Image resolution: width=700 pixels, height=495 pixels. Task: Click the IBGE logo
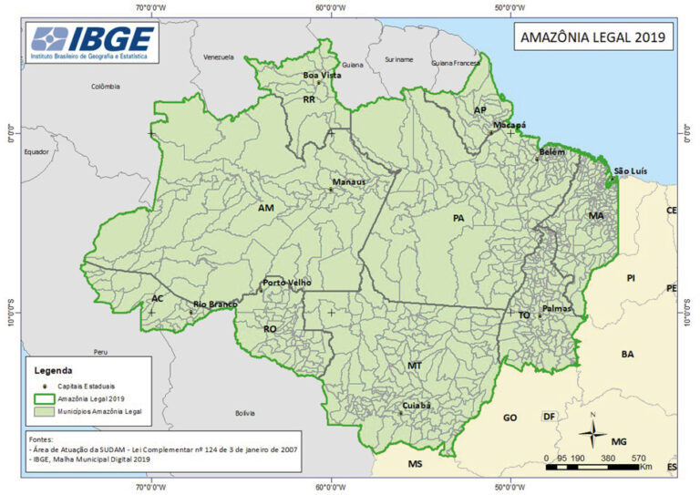(92, 43)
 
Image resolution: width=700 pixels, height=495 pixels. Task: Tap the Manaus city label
(348, 181)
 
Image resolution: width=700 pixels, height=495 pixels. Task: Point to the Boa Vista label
(322, 75)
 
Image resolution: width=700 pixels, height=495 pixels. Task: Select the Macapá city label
(510, 124)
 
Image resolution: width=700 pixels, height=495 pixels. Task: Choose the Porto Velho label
(287, 283)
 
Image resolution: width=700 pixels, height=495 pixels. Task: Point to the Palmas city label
(556, 309)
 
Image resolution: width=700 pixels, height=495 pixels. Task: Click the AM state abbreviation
(266, 209)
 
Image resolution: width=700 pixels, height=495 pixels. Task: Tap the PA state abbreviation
(458, 218)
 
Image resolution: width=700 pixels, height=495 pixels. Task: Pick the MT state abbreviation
(415, 365)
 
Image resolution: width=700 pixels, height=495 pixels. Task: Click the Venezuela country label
(220, 57)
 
